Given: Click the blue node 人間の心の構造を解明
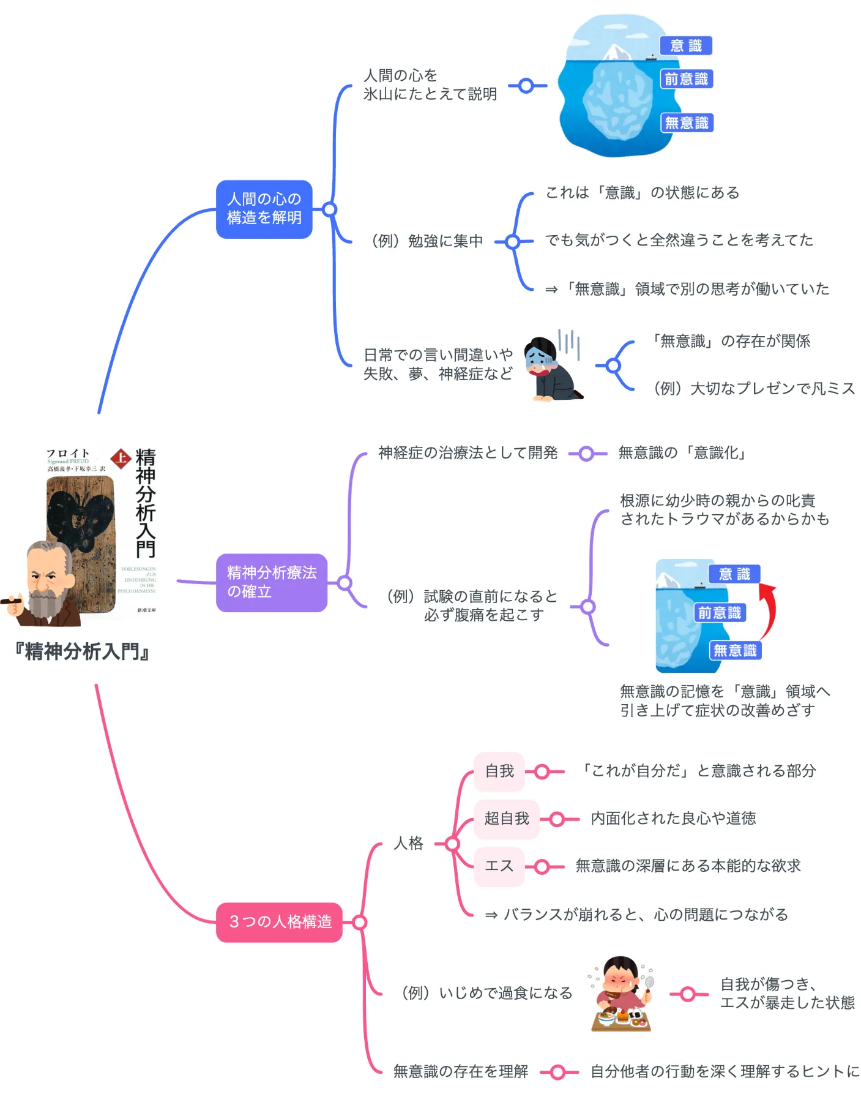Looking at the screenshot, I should pyautogui.click(x=264, y=209).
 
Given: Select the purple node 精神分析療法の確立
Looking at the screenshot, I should pyautogui.click(x=271, y=582).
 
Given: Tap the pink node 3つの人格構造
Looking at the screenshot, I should pyautogui.click(x=279, y=922).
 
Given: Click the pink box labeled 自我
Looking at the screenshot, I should pyautogui.click(x=499, y=771).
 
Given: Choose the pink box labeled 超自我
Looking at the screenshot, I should pyautogui.click(x=506, y=819).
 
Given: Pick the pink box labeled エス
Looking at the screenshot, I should pyautogui.click(x=499, y=866).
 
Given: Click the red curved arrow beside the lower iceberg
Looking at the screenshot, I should pyautogui.click(x=769, y=609).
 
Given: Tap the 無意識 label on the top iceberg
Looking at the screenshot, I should pyautogui.click(x=687, y=123).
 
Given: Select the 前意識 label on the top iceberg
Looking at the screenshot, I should pyautogui.click(x=687, y=79).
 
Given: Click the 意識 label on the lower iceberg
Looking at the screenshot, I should pyautogui.click(x=734, y=574).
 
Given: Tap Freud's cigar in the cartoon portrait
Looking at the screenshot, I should pyautogui.click(x=11, y=602).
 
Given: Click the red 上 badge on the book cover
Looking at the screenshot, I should pyautogui.click(x=121, y=458).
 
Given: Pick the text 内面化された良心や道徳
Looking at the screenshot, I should pyautogui.click(x=673, y=819).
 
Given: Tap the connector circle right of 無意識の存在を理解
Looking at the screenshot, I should pyautogui.click(x=557, y=1072).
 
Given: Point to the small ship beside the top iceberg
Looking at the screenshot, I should pyautogui.click(x=650, y=58).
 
